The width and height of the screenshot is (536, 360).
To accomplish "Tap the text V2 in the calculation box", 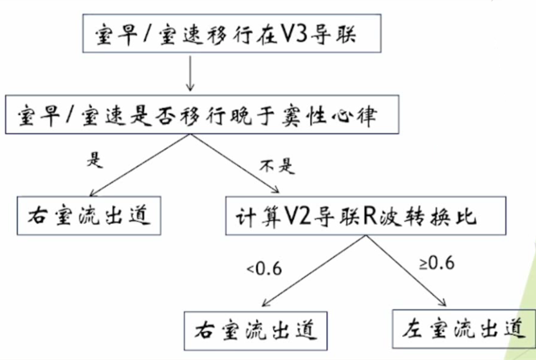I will point(296,216).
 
